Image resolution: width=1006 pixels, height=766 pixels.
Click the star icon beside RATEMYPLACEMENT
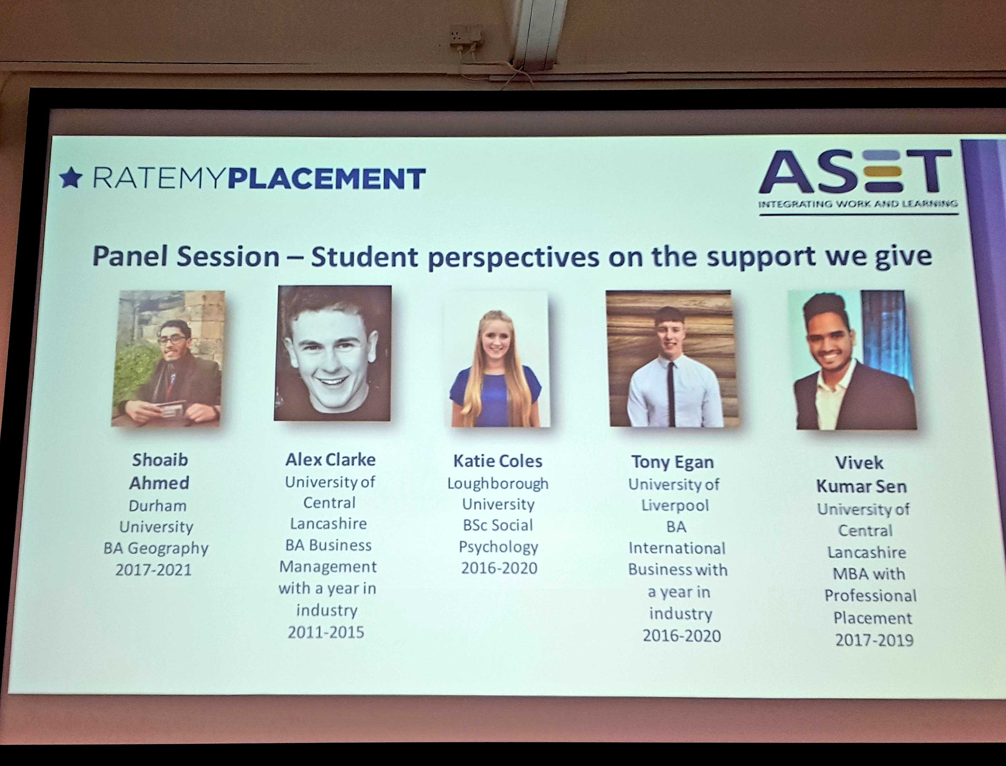[x=71, y=178]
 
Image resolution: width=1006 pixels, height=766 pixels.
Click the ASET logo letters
[x=856, y=171]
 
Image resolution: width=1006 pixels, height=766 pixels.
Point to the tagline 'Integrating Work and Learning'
[x=858, y=204]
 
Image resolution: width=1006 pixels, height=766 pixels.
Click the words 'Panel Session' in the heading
[x=186, y=257]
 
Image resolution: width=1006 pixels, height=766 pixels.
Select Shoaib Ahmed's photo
[x=168, y=358]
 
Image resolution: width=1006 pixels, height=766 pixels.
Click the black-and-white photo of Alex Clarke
[x=333, y=353]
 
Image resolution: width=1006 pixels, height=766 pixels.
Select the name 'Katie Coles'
[x=498, y=461]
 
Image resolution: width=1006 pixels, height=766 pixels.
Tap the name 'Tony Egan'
[x=672, y=462]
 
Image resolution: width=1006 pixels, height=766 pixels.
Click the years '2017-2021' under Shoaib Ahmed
[x=153, y=570]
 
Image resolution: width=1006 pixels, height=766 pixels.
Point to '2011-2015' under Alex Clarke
[x=326, y=632]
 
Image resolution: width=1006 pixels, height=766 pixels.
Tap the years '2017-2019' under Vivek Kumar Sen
[x=874, y=641]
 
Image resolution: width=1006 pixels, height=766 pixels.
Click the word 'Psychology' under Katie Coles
[x=498, y=547]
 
